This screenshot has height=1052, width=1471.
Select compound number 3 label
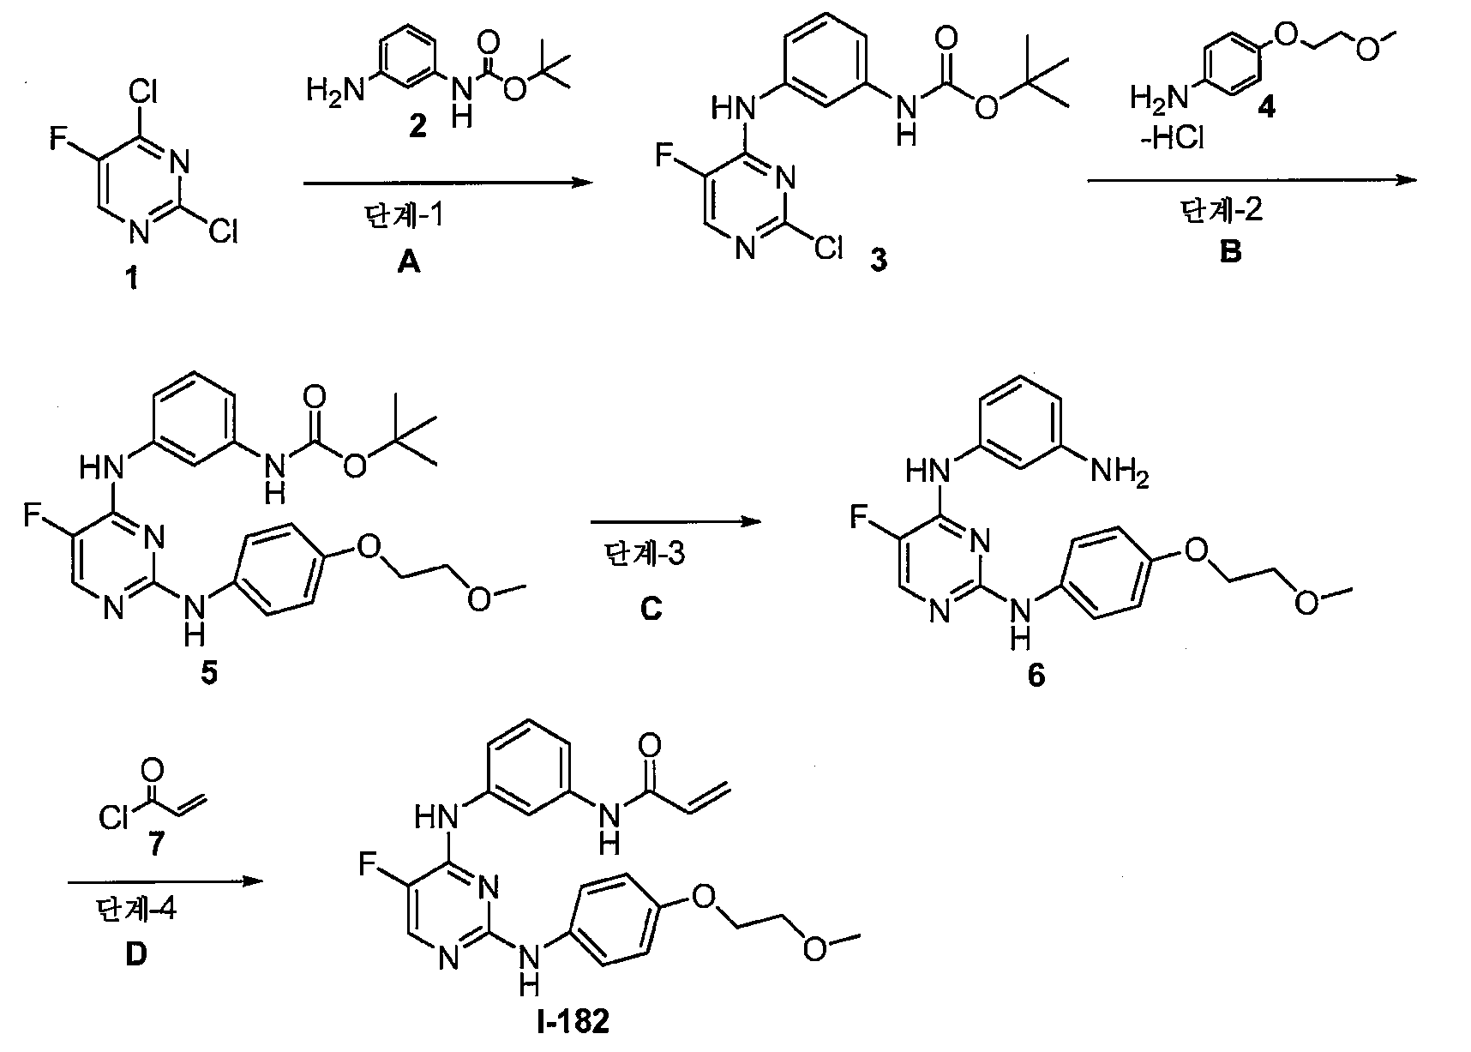(878, 261)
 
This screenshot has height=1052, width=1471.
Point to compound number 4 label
(1264, 109)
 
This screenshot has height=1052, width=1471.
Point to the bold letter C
(651, 609)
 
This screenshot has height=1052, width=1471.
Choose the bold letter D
(136, 954)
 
